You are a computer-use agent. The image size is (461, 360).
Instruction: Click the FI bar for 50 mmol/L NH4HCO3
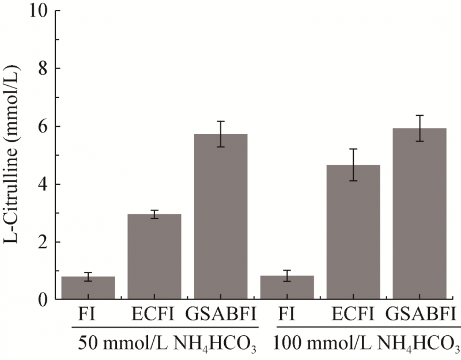tap(88, 288)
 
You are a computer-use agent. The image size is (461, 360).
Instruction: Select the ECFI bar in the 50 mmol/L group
tap(154, 257)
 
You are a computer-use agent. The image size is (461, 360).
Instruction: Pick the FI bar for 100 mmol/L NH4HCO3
tap(287, 287)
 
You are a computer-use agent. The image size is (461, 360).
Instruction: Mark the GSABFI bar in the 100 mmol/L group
tap(420, 214)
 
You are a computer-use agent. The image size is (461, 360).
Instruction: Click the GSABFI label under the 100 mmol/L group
tap(420, 316)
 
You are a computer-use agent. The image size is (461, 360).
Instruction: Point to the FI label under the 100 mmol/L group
tap(287, 316)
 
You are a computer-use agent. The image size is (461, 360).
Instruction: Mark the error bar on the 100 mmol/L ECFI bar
tap(353, 165)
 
